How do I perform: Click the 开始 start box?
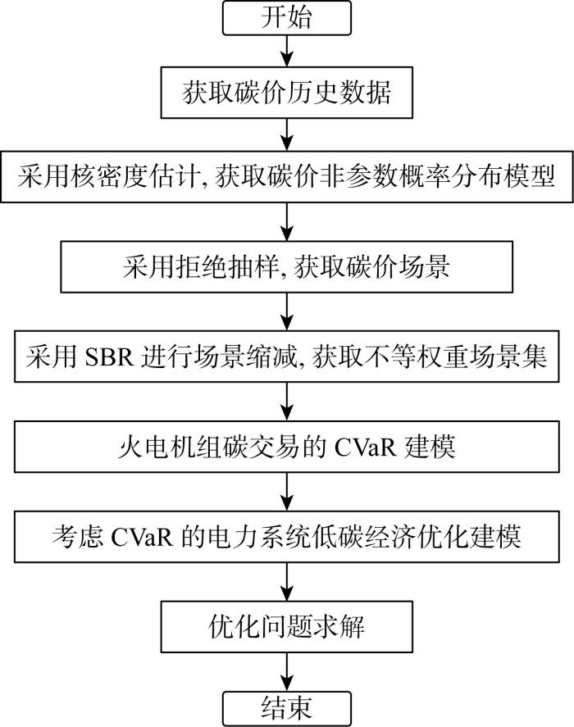[287, 17]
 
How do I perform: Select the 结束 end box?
[287, 709]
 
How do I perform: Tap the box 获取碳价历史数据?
[287, 93]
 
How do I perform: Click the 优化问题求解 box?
[287, 627]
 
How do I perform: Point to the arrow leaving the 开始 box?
[287, 51]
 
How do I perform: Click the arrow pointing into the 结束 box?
[287, 672]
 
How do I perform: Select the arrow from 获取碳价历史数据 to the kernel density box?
[287, 134]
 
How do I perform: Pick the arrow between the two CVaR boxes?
[287, 492]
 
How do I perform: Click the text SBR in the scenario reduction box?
[109, 357]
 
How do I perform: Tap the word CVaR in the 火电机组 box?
[364, 448]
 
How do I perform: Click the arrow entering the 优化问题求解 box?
[287, 581]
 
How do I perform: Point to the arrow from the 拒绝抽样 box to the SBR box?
[287, 311]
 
